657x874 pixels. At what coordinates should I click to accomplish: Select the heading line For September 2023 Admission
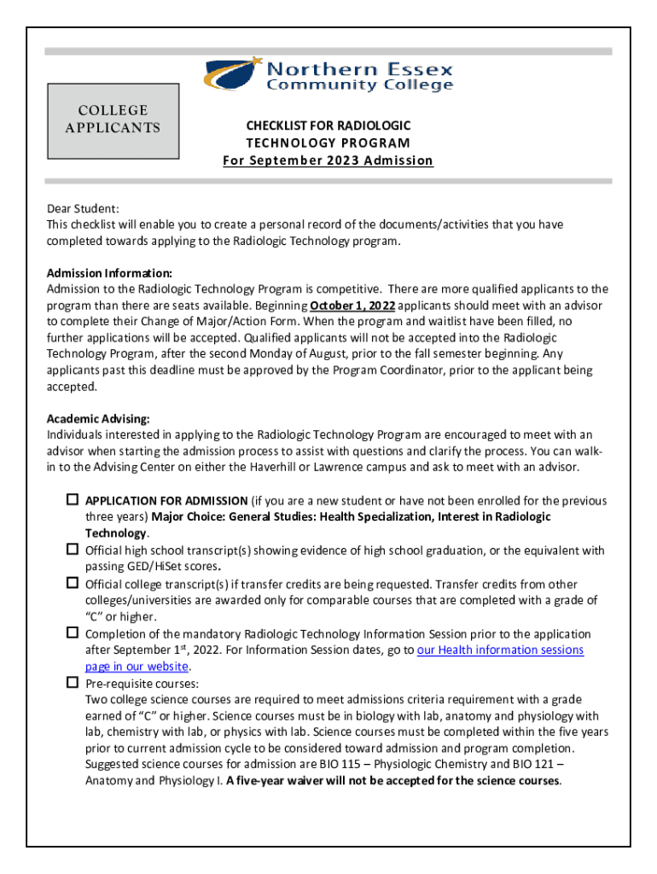(328, 160)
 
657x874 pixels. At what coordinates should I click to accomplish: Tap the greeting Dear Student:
(83, 208)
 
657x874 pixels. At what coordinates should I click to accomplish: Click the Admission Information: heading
(109, 273)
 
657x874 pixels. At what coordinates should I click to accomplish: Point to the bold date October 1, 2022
(352, 306)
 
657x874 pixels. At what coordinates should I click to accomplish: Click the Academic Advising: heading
(98, 418)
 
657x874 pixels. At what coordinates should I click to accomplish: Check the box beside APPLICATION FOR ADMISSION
(73, 499)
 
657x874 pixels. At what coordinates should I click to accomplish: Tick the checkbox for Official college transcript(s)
(73, 583)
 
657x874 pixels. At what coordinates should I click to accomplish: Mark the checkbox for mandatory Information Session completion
(73, 633)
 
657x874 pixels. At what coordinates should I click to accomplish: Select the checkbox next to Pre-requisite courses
(73, 683)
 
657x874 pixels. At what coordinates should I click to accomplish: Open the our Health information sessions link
(500, 650)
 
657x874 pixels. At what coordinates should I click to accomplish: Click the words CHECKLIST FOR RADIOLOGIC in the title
(328, 126)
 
